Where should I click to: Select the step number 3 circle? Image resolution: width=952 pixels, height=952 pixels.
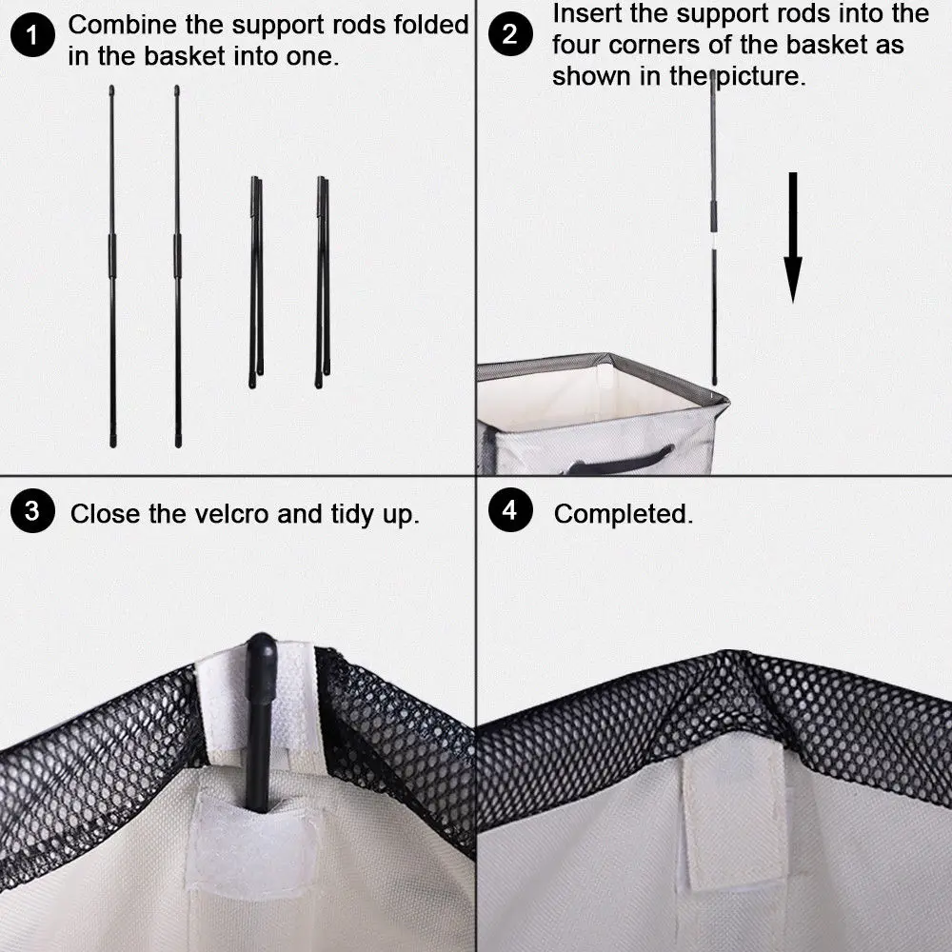pos(32,511)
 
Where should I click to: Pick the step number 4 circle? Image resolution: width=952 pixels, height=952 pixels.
pos(510,511)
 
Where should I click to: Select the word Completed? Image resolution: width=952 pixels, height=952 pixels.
pos(623,515)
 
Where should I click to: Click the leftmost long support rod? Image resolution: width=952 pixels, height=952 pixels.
pos(111,267)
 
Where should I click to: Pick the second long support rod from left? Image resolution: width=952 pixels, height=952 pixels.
pos(177,267)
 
